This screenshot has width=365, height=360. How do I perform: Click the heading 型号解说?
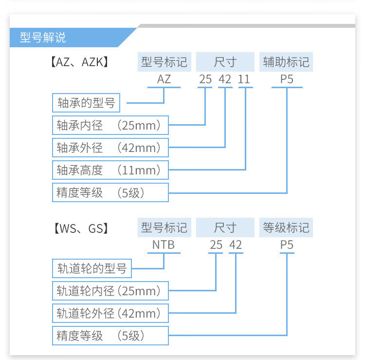point(43,38)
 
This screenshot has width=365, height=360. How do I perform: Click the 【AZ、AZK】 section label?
point(78,62)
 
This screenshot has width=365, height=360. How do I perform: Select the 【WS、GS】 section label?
point(78,227)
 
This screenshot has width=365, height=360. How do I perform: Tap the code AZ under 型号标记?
point(164,79)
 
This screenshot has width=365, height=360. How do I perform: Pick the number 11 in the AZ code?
point(244,79)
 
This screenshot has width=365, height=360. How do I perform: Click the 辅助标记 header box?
point(286,62)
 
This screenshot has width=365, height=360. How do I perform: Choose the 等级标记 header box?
point(286,227)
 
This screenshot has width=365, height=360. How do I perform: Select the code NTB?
point(164,245)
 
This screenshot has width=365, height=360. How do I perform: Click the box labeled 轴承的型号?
point(86,103)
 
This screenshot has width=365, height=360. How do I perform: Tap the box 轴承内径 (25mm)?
point(110,125)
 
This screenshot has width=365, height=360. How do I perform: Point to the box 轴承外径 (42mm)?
point(110,148)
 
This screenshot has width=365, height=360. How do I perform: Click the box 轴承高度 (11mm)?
point(110,170)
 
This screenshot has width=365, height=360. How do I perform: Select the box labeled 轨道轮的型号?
point(92,268)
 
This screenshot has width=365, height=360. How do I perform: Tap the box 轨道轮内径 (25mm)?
point(110,291)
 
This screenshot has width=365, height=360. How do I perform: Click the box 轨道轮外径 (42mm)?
point(110,313)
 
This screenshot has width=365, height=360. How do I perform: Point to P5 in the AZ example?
point(287,79)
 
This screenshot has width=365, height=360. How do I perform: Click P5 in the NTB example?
point(287,245)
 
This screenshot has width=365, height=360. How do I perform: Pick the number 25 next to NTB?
point(216,245)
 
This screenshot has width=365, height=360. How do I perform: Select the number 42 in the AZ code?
point(225,79)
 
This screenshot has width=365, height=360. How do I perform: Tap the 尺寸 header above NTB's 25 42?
point(225,227)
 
